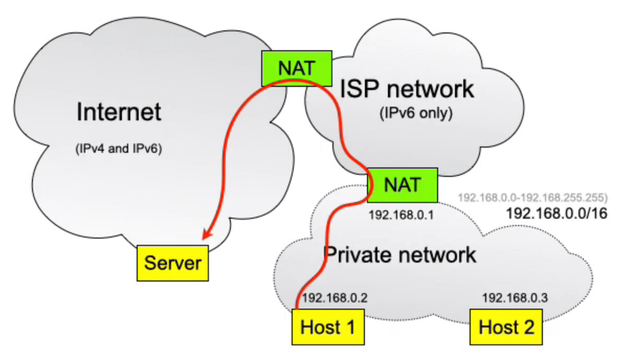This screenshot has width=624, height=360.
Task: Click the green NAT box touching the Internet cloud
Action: point(297,68)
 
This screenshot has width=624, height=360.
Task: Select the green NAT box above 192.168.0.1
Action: point(402,185)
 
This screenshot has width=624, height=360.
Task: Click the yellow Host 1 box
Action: point(327,327)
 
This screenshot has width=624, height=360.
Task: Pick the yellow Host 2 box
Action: point(507,327)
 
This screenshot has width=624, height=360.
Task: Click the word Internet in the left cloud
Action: point(119,113)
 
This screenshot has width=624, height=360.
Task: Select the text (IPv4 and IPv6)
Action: point(119,149)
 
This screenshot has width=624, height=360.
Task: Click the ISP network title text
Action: point(407,89)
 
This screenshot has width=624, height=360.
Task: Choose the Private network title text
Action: point(400,255)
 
